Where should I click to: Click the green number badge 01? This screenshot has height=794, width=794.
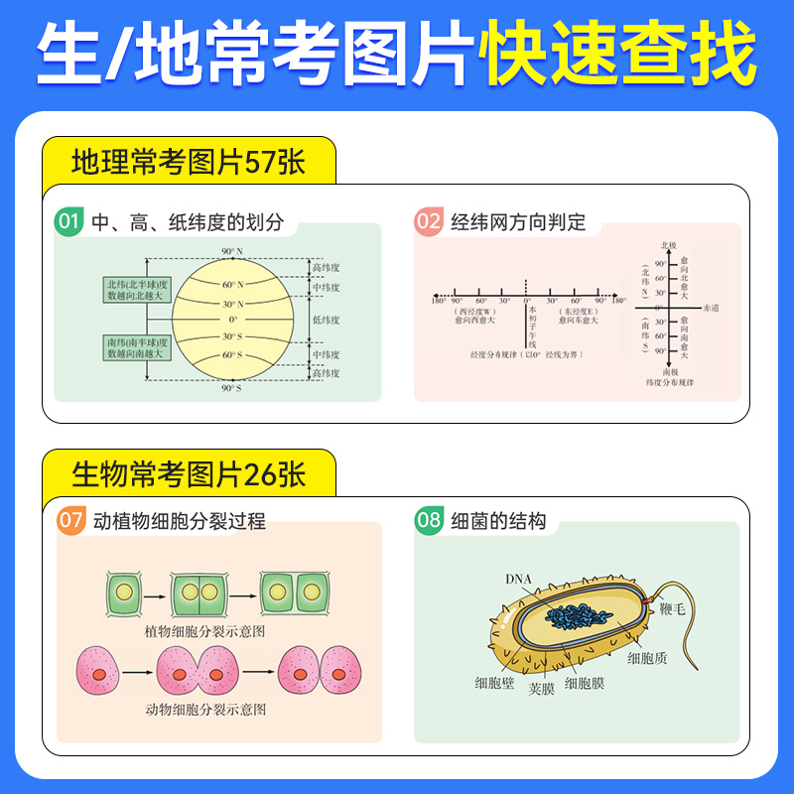coord(69,222)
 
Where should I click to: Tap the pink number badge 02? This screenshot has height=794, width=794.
coord(429,222)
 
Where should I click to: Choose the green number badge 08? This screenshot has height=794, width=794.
coord(429,520)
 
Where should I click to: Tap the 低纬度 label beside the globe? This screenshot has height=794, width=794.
coord(326,321)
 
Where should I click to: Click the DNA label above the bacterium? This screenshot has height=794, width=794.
coord(518,580)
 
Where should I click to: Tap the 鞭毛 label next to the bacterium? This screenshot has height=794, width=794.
coord(672,610)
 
